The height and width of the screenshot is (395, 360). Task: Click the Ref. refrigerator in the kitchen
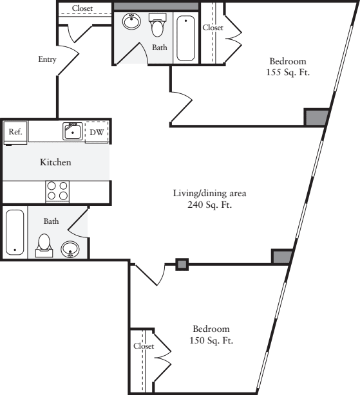tap(15, 133)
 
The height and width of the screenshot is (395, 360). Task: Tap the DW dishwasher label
tap(97, 133)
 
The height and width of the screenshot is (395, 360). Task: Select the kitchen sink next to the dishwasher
tap(73, 131)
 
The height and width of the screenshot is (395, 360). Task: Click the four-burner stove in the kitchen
tap(57, 191)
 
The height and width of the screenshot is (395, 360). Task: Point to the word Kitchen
tap(55, 162)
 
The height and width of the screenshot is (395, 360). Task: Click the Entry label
tap(47, 59)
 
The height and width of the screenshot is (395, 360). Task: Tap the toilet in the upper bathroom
tap(158, 25)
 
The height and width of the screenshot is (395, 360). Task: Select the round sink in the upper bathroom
tap(131, 21)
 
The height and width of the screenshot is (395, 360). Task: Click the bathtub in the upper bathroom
tap(186, 39)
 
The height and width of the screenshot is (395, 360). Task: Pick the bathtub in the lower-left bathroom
tap(15, 232)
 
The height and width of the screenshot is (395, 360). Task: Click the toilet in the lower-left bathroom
tap(44, 246)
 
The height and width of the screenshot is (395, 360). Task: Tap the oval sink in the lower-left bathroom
tap(70, 249)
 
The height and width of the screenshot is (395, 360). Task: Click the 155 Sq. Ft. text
tap(288, 72)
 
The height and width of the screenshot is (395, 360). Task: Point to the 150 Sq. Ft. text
tap(211, 340)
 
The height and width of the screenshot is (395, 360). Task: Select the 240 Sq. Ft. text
tap(210, 205)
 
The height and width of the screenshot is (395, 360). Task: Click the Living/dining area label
tap(210, 193)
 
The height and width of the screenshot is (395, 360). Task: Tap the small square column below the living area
tap(182, 264)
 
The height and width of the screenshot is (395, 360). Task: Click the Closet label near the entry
tap(82, 8)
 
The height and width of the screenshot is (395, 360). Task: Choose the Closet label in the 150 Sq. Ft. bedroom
tap(144, 346)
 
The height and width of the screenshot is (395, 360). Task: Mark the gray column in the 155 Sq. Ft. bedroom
tap(317, 117)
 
